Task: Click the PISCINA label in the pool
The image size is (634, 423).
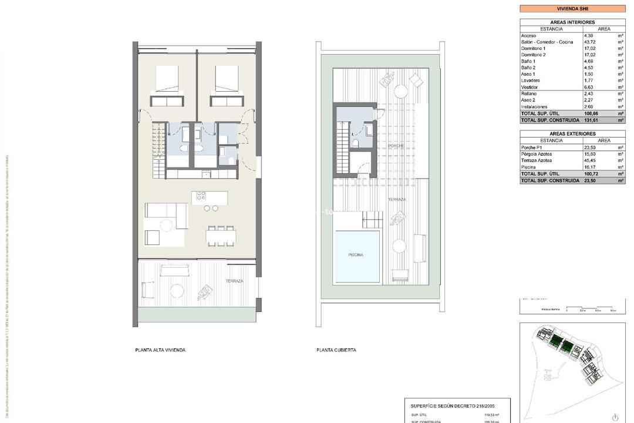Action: tap(355, 255)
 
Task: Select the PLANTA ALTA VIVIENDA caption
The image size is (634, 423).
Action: tap(160, 350)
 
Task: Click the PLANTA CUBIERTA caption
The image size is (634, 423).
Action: tap(336, 350)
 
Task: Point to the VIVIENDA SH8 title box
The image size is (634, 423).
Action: tap(572, 9)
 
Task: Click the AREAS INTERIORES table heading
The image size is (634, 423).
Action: tap(572, 22)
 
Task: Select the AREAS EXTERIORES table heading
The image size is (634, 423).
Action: tap(572, 134)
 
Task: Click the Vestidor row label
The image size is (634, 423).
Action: tap(530, 87)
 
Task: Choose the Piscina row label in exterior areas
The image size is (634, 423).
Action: tap(528, 167)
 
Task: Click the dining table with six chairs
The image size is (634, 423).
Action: tap(221, 236)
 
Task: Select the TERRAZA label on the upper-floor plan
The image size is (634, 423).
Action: tap(234, 281)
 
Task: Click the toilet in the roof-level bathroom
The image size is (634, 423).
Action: tap(356, 143)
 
